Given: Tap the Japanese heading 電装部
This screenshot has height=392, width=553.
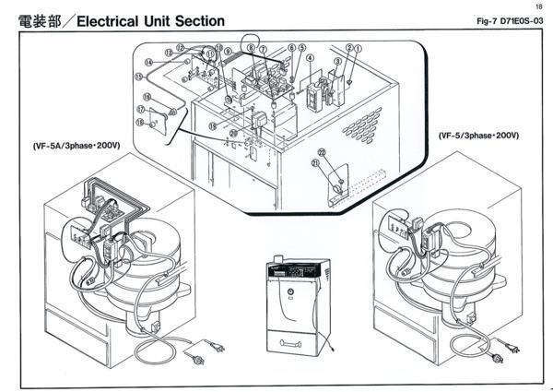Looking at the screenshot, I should click(36, 19).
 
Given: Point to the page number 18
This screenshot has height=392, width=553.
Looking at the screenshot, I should click(538, 6).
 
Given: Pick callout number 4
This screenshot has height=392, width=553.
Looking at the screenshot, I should click(311, 57).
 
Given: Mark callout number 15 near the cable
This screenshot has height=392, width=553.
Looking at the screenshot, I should click(147, 96).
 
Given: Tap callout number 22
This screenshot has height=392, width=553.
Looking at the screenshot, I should click(322, 149).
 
